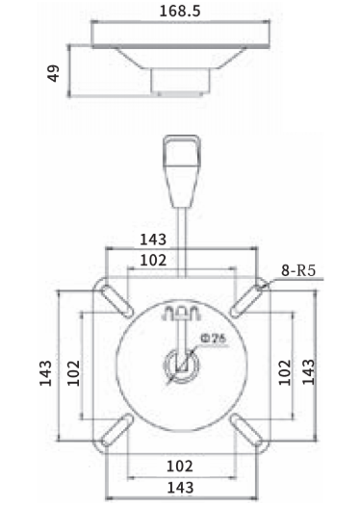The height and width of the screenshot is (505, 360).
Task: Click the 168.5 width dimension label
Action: coord(180,13)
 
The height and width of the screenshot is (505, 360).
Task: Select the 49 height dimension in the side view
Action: coord(55,72)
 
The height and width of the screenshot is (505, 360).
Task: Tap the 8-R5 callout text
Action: coord(299,272)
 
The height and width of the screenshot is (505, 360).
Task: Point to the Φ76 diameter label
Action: coord(214,337)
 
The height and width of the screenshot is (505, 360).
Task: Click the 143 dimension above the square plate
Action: coord(153,239)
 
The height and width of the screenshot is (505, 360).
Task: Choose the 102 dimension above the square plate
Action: coord(153,260)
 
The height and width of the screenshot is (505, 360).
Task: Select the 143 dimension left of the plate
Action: coord(46,373)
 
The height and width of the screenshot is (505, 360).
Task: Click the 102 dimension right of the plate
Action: coord(284,372)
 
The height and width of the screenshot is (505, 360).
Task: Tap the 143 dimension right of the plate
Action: coord(309,372)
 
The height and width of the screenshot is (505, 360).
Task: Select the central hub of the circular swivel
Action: coord(180,365)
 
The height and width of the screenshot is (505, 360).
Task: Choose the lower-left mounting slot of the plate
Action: coord(117,431)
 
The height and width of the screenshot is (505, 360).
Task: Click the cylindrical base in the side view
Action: coord(179,83)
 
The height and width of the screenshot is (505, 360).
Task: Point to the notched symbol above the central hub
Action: coord(180,315)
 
